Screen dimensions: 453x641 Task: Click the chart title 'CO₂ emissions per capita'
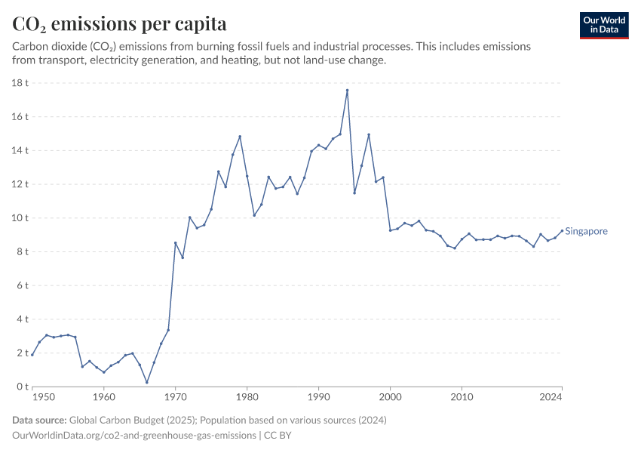[x=119, y=24]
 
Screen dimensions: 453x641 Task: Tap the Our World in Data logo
[x=603, y=25]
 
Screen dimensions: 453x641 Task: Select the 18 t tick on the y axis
[x=20, y=83]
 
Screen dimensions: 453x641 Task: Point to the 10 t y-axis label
[x=20, y=218]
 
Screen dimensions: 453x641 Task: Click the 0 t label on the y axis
[x=23, y=387]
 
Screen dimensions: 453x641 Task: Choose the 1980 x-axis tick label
[x=247, y=396]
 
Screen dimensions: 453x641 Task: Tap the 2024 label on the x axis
[x=551, y=396]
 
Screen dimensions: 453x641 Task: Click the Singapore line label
[x=586, y=232]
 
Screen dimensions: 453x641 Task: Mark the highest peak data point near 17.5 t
[x=347, y=91]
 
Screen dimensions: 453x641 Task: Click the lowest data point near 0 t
[x=147, y=382]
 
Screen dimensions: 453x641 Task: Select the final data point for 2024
[x=562, y=231]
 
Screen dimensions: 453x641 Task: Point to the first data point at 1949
[x=32, y=355]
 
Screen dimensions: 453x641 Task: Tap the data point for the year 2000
[x=390, y=230]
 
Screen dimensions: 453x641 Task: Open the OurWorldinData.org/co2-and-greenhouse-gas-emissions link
[x=132, y=436]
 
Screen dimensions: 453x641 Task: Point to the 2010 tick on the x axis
[x=462, y=396]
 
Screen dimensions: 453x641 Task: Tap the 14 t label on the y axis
[x=20, y=151]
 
